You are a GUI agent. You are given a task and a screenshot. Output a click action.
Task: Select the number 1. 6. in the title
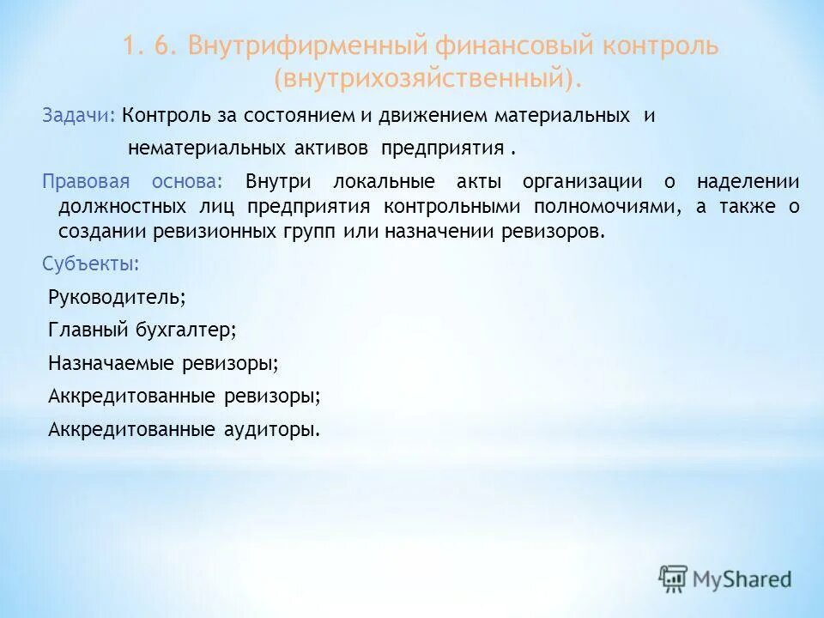tap(150, 46)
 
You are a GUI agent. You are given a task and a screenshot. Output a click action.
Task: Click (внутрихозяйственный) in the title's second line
tap(427, 79)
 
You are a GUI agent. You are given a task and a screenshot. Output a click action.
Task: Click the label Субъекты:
tap(90, 264)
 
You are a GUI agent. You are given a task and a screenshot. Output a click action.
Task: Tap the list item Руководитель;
tap(117, 297)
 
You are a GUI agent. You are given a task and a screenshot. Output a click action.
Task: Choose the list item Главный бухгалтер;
tap(142, 330)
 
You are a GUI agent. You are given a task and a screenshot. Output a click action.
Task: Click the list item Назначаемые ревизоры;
tap(164, 363)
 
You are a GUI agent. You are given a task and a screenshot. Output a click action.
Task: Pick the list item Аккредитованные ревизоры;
tap(185, 396)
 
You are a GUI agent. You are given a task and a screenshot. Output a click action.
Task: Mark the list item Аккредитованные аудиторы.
tap(184, 429)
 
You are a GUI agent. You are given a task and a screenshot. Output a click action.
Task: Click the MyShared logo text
tap(743, 579)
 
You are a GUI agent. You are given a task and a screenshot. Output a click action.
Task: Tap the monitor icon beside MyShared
tap(674, 579)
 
